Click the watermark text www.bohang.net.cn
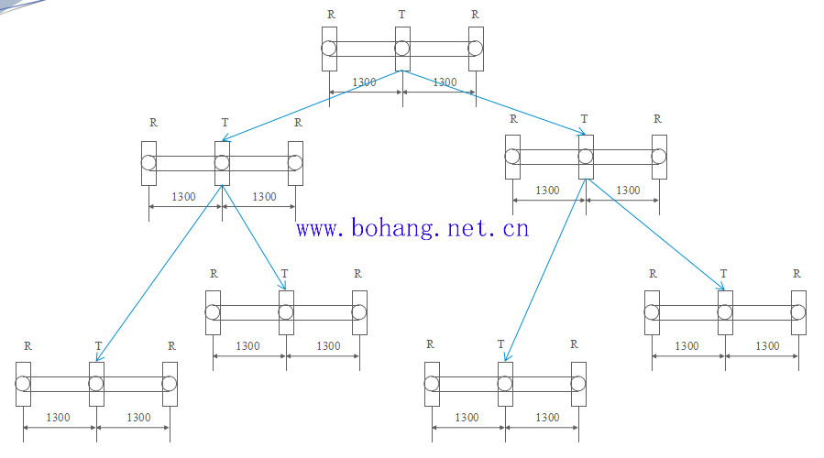pyautogui.click(x=412, y=227)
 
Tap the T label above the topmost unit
pyautogui.click(x=401, y=15)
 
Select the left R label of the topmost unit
pyautogui.click(x=331, y=15)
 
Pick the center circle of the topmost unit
pyautogui.click(x=402, y=49)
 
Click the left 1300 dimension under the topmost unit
pyautogui.click(x=364, y=82)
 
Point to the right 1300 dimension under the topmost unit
pyautogui.click(x=444, y=82)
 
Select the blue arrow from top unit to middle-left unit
pyautogui.click(x=312, y=105)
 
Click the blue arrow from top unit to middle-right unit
pyautogui.click(x=495, y=103)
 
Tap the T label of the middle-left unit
pyautogui.click(x=225, y=122)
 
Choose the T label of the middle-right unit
pyautogui.click(x=584, y=119)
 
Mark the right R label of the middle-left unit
pyautogui.click(x=297, y=122)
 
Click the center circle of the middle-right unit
pyautogui.click(x=586, y=157)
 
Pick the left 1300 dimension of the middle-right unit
pyautogui.click(x=547, y=191)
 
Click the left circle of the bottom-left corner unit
pyautogui.click(x=23, y=383)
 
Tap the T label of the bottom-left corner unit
pyautogui.click(x=98, y=346)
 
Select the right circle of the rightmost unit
pyautogui.click(x=797, y=311)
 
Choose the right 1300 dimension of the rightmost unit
pyautogui.click(x=767, y=346)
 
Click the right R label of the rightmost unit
pyautogui.click(x=797, y=273)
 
